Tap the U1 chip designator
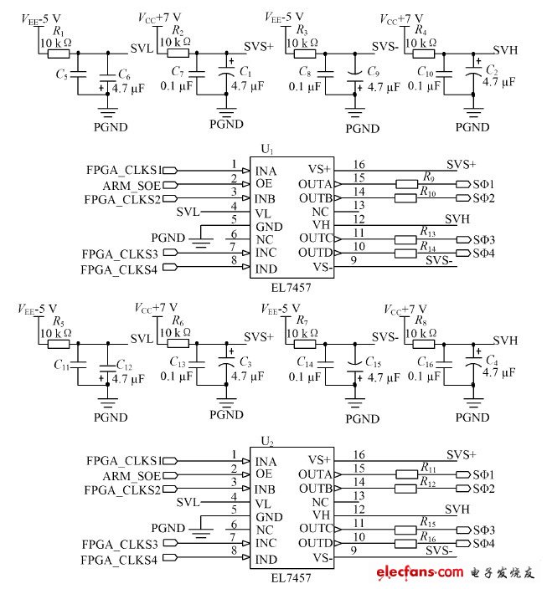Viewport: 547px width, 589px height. pos(267,149)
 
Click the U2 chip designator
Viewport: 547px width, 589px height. pos(267,441)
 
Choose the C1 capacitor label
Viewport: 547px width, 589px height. pos(245,73)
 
